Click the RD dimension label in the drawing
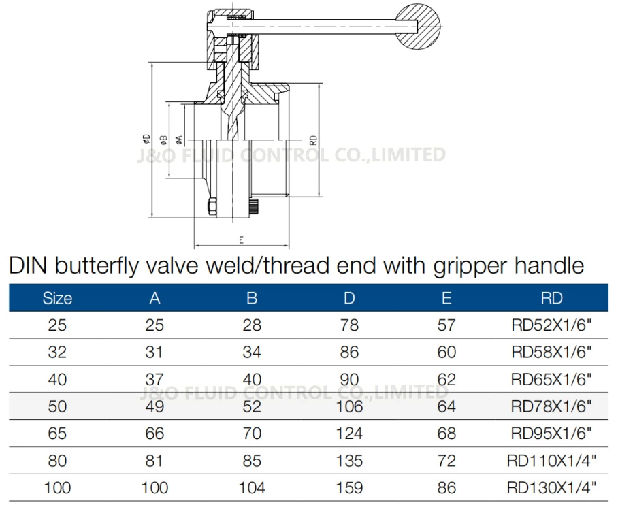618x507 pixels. pyautogui.click(x=313, y=140)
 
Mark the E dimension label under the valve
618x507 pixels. pyautogui.click(x=242, y=240)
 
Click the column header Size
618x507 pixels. pyautogui.click(x=58, y=297)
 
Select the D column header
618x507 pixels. pyautogui.click(x=348, y=297)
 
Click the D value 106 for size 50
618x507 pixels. pyautogui.click(x=348, y=406)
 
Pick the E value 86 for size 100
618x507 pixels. pyautogui.click(x=446, y=487)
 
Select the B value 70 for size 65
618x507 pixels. pyautogui.click(x=252, y=434)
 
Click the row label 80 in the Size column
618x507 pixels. pyautogui.click(x=58, y=461)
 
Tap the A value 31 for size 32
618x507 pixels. pyautogui.click(x=155, y=352)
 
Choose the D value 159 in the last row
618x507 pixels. pyautogui.click(x=348, y=487)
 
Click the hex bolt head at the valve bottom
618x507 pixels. pyautogui.click(x=212, y=207)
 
